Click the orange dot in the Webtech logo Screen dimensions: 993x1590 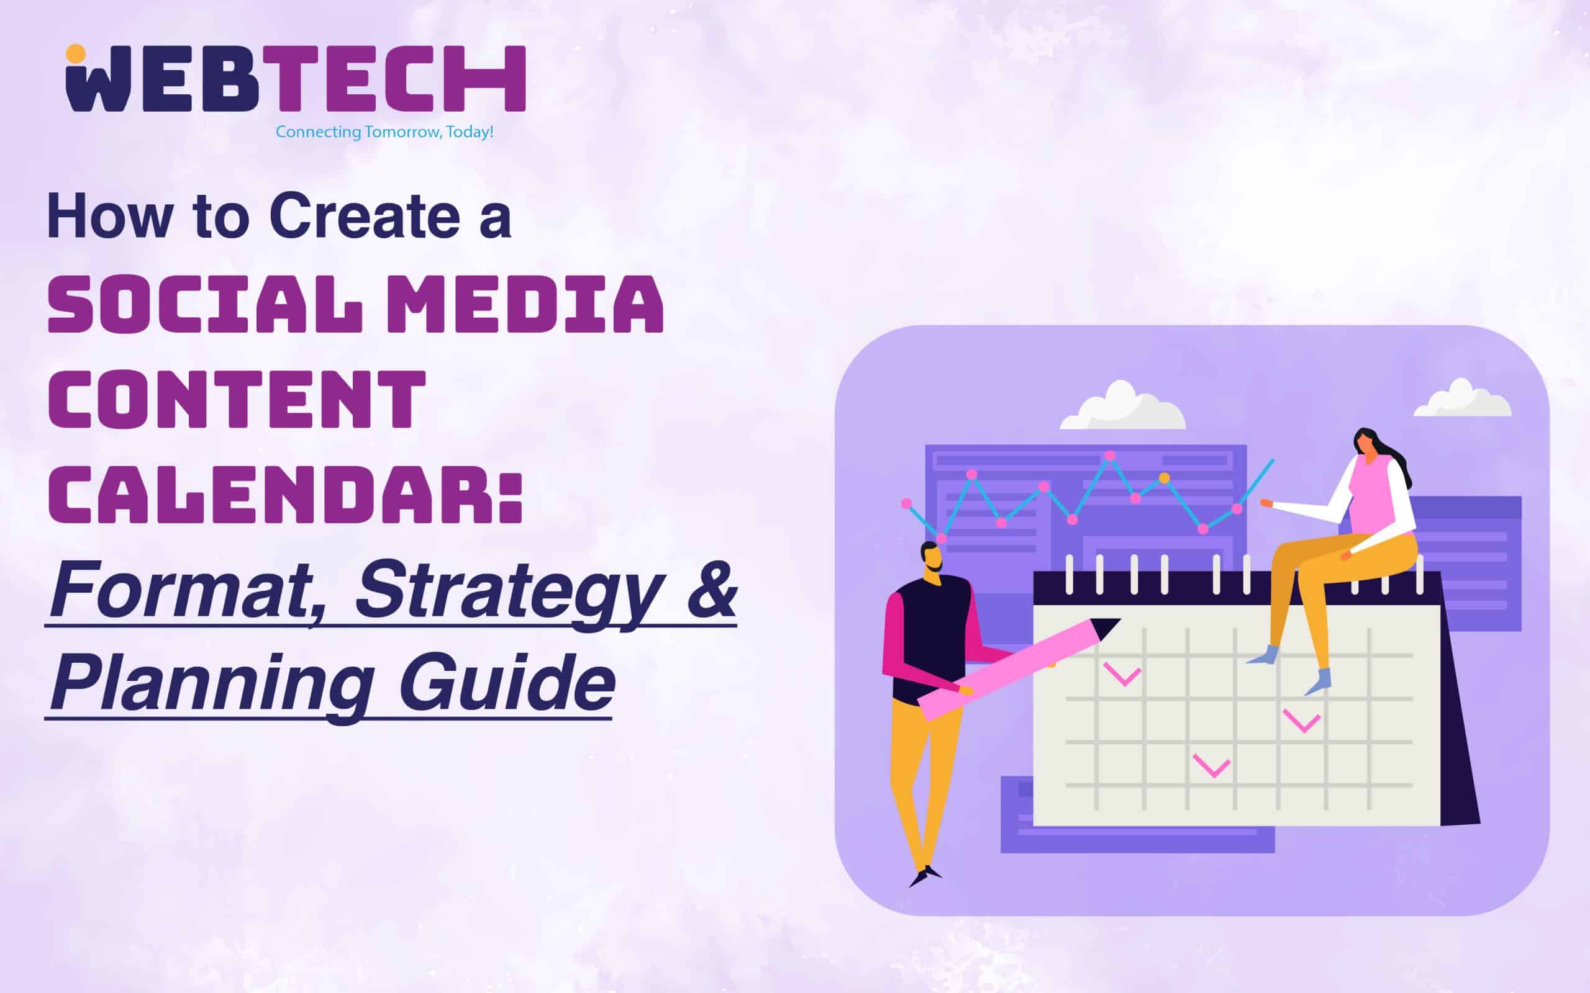76,55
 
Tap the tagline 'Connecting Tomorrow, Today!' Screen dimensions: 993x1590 384,132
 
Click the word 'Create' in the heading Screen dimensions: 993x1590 365,216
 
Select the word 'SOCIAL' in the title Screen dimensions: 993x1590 205,305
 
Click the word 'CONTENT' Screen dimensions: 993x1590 237,399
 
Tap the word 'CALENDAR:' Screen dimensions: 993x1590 286,494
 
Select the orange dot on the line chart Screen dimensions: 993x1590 1165,477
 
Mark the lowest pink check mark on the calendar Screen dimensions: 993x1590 1211,766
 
